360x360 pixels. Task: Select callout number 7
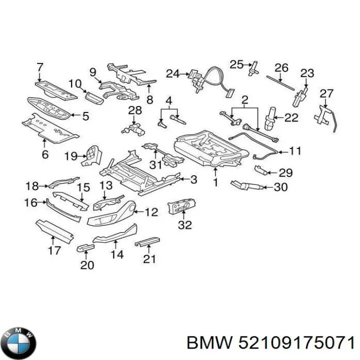[40, 66]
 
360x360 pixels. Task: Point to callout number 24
[172, 74]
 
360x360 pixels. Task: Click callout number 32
[184, 225]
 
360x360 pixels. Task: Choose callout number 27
[326, 93]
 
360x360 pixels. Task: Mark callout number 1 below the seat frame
[215, 183]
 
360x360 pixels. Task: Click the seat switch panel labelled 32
[183, 206]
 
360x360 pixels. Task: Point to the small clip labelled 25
[253, 67]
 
